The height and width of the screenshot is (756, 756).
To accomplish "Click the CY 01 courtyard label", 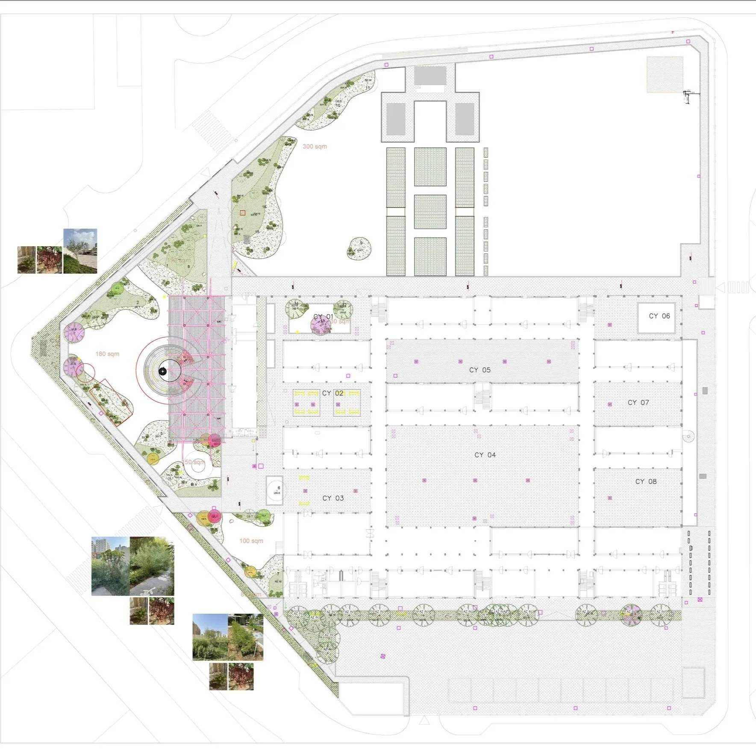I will pyautogui.click(x=323, y=317).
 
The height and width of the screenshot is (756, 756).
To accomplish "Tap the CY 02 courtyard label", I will pyautogui.click(x=332, y=393).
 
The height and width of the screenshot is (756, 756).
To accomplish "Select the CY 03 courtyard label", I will pyautogui.click(x=333, y=498).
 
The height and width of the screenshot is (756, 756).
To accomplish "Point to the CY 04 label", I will pyautogui.click(x=485, y=455).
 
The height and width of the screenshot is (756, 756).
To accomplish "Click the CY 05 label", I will pyautogui.click(x=480, y=370).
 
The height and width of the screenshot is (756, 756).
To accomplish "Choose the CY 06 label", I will pyautogui.click(x=659, y=316).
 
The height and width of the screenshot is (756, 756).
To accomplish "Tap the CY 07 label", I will pyautogui.click(x=638, y=403).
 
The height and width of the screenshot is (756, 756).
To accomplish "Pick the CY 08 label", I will pyautogui.click(x=646, y=482).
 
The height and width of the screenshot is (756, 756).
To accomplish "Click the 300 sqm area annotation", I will pyautogui.click(x=315, y=147).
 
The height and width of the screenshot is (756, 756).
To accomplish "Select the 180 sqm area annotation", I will pyautogui.click(x=107, y=354).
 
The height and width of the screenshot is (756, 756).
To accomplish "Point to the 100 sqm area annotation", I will pyautogui.click(x=251, y=541).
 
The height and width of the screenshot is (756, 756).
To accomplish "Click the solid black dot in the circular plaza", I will pyautogui.click(x=162, y=371).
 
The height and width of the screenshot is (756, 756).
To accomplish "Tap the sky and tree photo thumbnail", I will pyautogui.click(x=80, y=251).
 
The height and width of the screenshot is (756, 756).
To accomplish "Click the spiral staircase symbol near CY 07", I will pyautogui.click(x=688, y=437).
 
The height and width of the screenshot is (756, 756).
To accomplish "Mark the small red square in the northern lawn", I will pyautogui.click(x=243, y=212).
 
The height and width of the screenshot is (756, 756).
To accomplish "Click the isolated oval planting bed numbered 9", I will pyautogui.click(x=359, y=248).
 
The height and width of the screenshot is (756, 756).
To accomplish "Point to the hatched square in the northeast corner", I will pyautogui.click(x=665, y=74).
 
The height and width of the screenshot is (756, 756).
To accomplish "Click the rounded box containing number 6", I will pyautogui.click(x=274, y=491).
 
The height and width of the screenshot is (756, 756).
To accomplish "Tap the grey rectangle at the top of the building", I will pyautogui.click(x=430, y=76).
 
